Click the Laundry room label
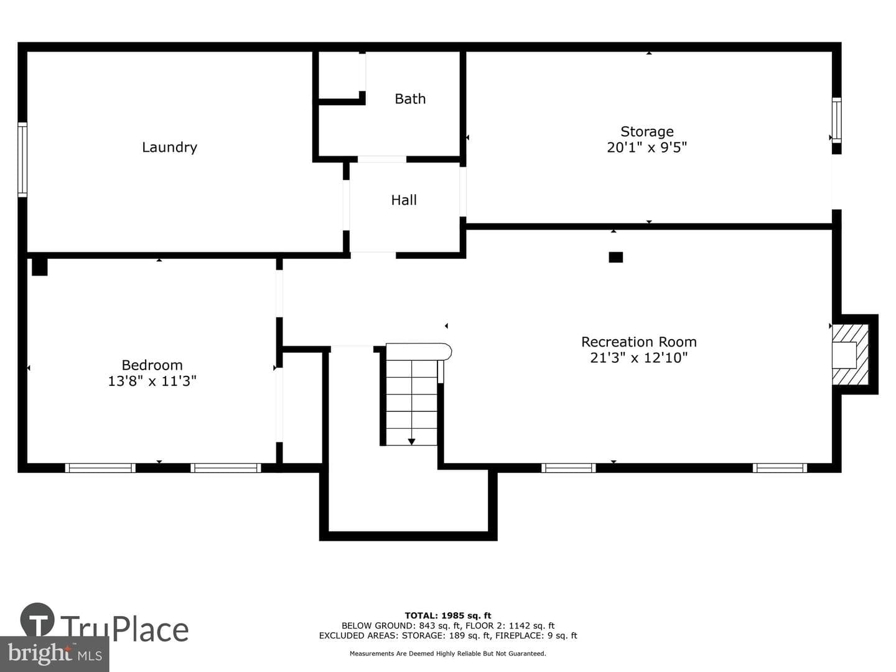click(x=169, y=147)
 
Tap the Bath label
click(x=410, y=99)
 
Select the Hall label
click(x=404, y=200)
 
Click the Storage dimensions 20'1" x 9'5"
click(x=646, y=147)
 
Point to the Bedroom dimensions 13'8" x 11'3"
click(x=152, y=381)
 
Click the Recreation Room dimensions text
click(x=639, y=358)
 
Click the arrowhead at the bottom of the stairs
click(x=411, y=442)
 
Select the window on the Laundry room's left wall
click(x=22, y=159)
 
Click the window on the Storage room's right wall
click(x=836, y=120)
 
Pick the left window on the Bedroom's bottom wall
click(x=100, y=467)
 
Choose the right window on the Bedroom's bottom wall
click(x=226, y=467)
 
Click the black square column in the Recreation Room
click(x=615, y=257)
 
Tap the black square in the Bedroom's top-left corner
click(x=40, y=267)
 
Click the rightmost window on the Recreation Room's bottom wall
click(x=780, y=467)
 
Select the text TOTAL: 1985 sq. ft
click(x=448, y=615)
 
